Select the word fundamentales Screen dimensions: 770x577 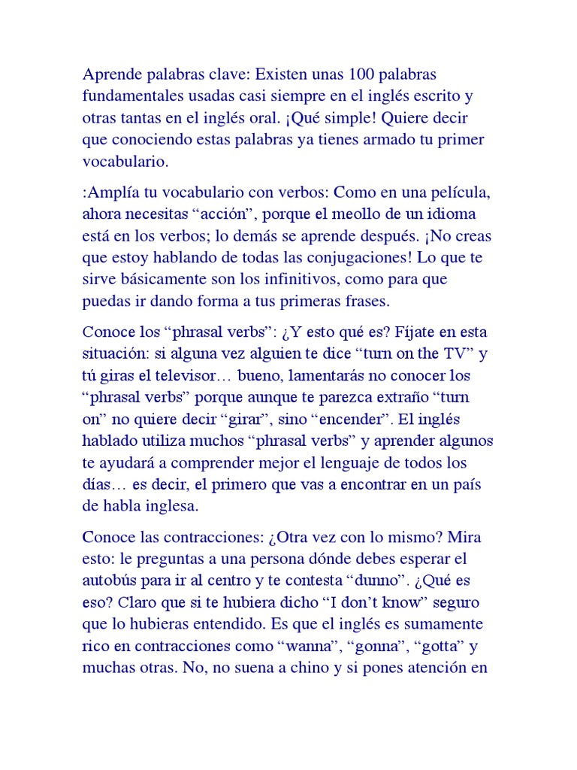(130, 97)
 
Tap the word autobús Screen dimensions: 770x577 (108, 583)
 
